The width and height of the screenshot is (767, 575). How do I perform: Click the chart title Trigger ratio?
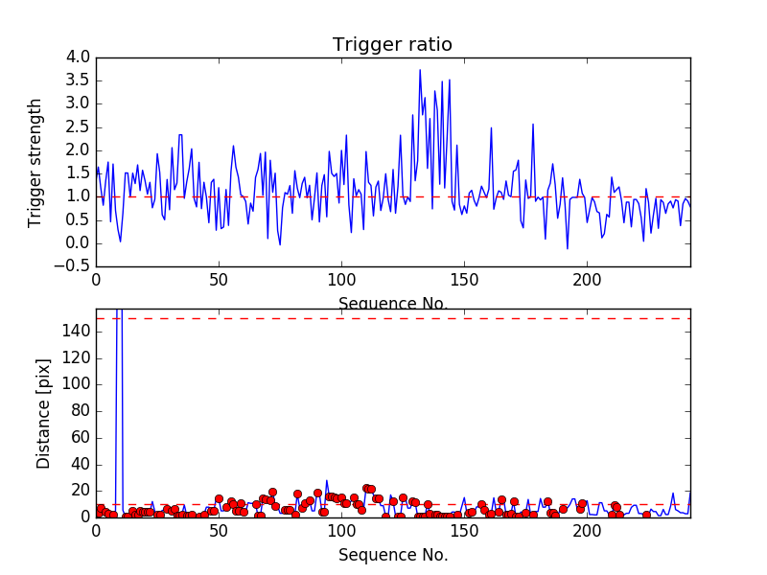392,45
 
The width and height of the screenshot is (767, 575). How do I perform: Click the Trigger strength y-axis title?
36,162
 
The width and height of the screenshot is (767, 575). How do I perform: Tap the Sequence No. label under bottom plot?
393,555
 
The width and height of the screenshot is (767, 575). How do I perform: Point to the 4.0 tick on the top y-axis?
79,57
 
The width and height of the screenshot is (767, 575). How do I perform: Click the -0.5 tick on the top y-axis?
74,266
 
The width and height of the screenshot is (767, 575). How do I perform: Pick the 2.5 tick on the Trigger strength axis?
79,126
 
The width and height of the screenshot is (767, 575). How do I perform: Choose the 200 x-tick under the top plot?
587,280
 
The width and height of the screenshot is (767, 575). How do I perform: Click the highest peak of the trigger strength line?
420,70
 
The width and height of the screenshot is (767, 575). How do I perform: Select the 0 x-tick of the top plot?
96,280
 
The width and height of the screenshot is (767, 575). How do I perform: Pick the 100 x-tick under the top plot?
341,280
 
